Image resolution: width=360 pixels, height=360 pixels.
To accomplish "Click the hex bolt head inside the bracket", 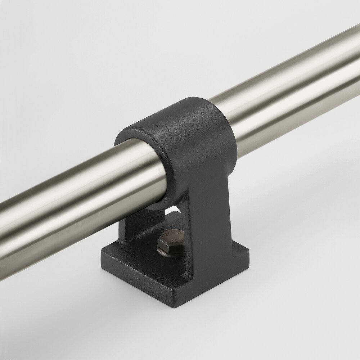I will click(x=171, y=242).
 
